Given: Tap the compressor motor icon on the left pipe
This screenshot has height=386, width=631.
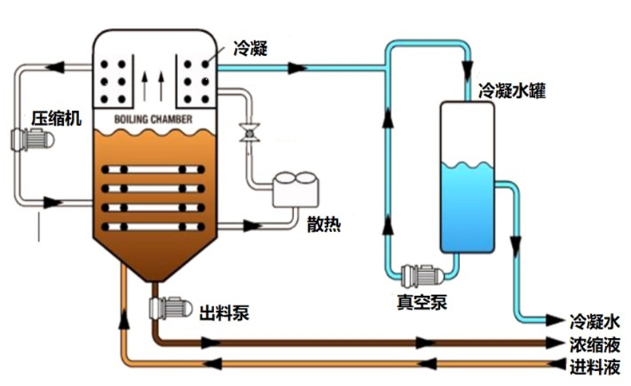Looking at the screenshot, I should tap(32, 141).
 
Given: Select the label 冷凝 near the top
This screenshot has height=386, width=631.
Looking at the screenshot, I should tap(249, 49).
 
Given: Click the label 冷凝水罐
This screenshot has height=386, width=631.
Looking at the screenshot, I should tap(511, 90).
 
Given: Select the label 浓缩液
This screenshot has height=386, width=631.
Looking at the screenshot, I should tap(594, 345).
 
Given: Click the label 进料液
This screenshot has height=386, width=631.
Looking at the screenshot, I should tap(594, 368).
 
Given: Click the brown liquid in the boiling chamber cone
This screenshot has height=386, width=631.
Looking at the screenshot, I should tap(152, 255).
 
